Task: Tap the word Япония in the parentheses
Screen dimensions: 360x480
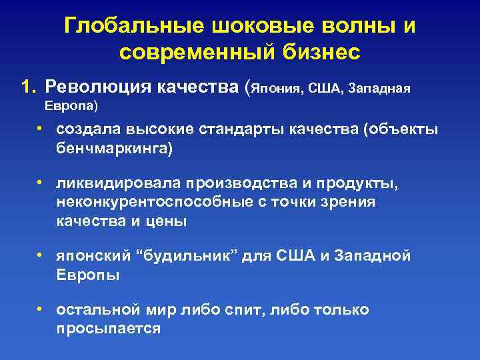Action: [x=275, y=88]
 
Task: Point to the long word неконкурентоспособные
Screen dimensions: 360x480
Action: [x=154, y=201]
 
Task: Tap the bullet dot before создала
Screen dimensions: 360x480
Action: [x=41, y=128]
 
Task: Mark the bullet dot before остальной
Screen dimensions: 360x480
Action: [x=41, y=309]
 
